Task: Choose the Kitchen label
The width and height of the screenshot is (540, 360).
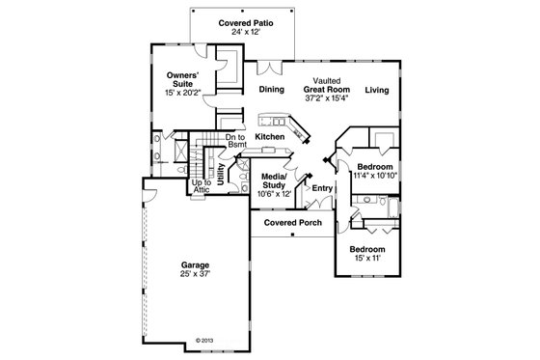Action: [x=271, y=138]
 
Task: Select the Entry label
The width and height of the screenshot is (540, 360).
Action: [x=322, y=187]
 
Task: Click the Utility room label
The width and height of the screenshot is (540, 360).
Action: [x=221, y=174]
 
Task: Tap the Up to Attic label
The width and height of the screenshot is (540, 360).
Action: [x=201, y=186]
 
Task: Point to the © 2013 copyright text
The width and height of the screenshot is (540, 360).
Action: [x=203, y=340]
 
